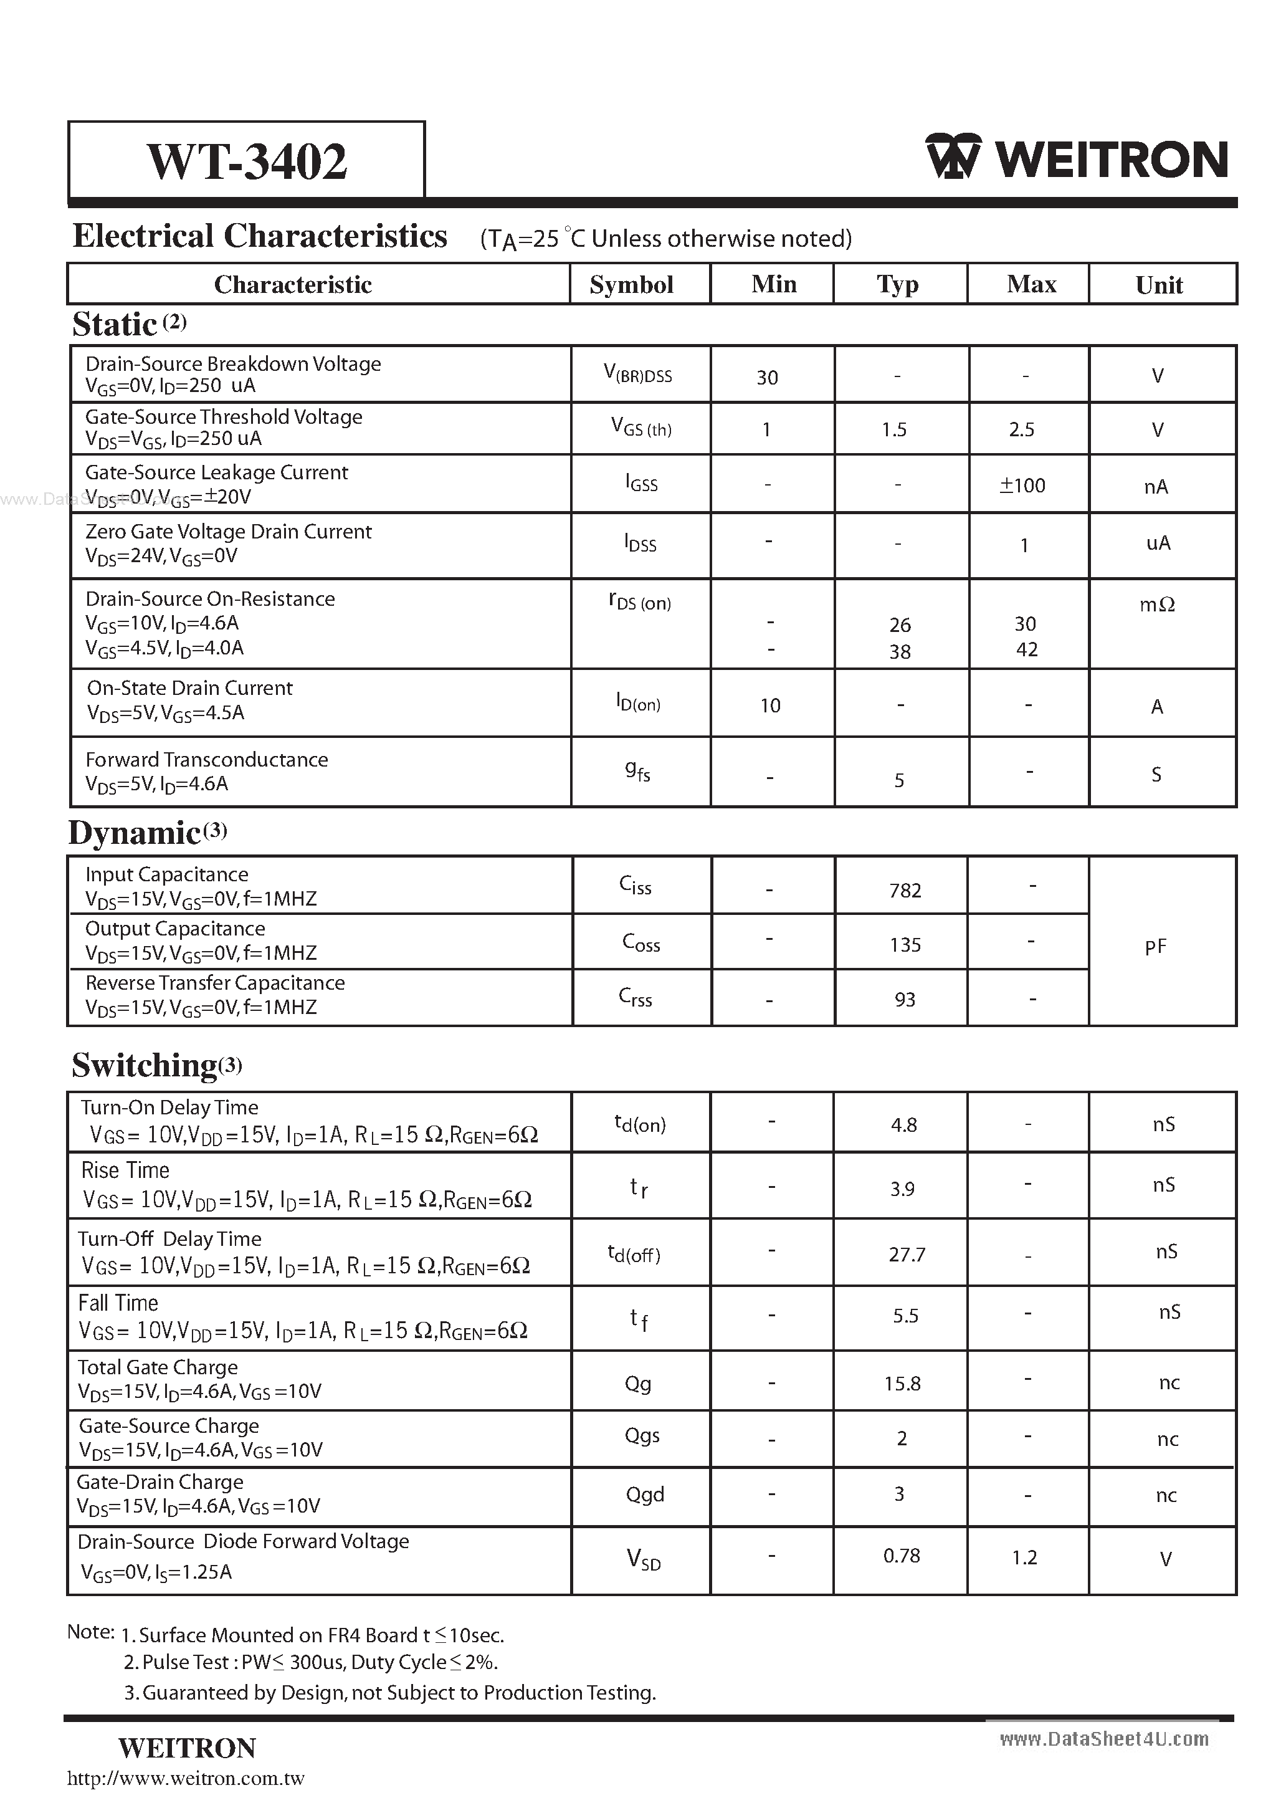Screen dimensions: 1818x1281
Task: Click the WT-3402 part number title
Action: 246,161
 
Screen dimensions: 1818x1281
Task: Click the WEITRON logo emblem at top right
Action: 953,157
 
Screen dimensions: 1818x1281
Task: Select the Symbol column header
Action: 631,285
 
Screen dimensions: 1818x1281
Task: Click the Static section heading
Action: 115,325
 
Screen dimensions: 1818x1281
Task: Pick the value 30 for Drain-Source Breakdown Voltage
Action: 766,378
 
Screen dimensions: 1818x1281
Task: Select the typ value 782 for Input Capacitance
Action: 904,891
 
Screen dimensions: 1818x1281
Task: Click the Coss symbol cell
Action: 640,942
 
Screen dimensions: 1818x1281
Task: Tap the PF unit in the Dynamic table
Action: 1155,946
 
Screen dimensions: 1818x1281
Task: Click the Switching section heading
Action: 145,1066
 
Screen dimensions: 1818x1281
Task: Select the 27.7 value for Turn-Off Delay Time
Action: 907,1254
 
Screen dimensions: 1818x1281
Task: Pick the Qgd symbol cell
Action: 644,1494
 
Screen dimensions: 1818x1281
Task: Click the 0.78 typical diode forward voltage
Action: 901,1556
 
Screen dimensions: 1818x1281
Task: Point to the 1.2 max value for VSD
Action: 1024,1558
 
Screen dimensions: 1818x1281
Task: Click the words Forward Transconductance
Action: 207,759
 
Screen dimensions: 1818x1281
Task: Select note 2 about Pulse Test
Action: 310,1662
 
